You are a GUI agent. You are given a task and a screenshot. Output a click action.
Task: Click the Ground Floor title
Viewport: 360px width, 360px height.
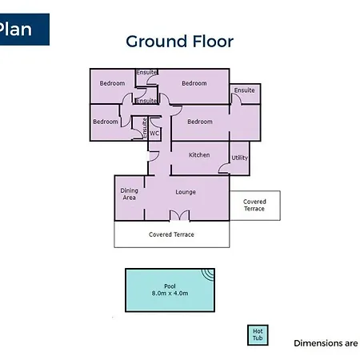pos(179,42)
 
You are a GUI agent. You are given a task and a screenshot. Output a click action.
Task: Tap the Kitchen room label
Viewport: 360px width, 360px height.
pos(199,155)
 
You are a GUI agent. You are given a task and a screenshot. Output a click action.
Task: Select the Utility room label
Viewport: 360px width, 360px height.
pos(239,158)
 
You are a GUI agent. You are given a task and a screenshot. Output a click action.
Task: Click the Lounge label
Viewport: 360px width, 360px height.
pos(186,192)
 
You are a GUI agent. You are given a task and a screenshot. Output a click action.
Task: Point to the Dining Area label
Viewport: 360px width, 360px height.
pos(129,194)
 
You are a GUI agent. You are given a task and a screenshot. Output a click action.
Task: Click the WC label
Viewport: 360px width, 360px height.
pos(154,133)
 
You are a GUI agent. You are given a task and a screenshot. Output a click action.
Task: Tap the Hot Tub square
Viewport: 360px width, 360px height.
pos(258,335)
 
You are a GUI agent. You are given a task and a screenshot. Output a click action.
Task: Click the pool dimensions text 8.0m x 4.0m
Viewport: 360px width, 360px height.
pos(170,294)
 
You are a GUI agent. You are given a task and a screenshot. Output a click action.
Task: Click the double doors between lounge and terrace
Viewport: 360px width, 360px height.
pos(180,215)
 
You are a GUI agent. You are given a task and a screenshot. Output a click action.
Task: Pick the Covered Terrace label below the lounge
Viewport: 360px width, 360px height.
pos(171,234)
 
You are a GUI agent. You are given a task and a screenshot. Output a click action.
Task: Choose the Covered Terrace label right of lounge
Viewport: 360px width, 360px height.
pos(254,205)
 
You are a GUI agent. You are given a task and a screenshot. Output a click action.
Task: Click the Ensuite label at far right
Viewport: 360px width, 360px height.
pos(244,90)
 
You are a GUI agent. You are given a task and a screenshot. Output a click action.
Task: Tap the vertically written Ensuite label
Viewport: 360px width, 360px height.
pos(145,128)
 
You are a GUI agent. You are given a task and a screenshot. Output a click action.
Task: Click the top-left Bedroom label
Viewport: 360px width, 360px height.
pos(112,83)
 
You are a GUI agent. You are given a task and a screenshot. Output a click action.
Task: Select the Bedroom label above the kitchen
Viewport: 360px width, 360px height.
pos(200,122)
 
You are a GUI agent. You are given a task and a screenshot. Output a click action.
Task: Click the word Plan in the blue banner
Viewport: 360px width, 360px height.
pos(15,29)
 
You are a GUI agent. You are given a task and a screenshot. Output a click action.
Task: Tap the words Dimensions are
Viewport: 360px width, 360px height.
pos(326,343)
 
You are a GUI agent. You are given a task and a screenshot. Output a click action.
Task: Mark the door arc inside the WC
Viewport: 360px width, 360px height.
pos(154,123)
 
